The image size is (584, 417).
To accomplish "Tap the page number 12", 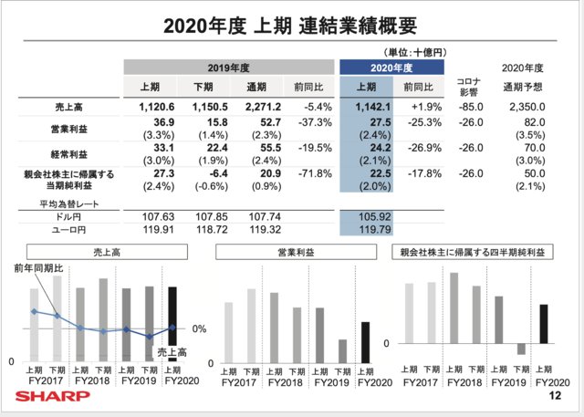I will click(x=555, y=398).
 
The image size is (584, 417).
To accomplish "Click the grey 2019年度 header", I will click(x=228, y=68).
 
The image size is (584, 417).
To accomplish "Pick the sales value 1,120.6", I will click(x=152, y=108).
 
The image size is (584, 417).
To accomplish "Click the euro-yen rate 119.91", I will click(x=151, y=230).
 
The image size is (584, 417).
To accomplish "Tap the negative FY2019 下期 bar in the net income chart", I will click(x=521, y=349).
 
